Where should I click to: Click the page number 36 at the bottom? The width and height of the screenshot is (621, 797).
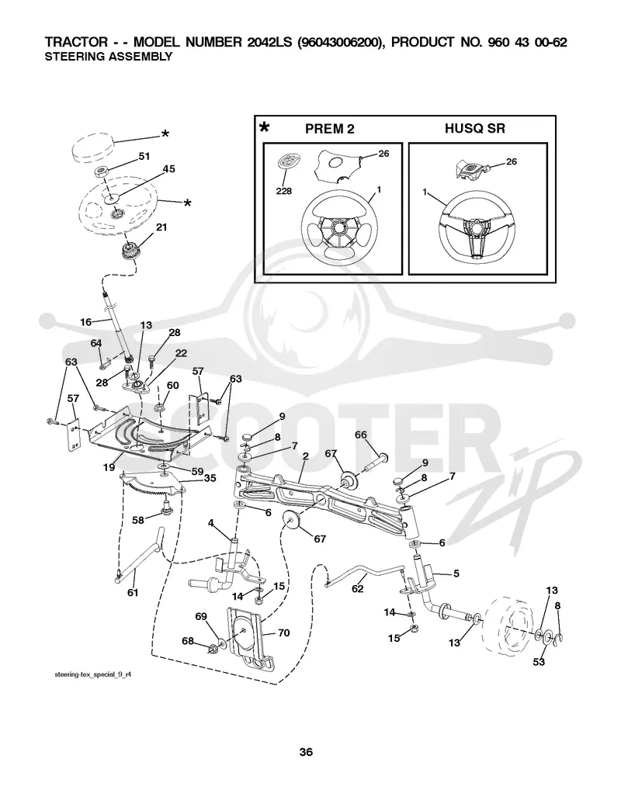[x=306, y=752]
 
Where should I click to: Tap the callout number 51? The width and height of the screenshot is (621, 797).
[x=144, y=156]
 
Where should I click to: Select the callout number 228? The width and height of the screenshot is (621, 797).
[x=284, y=191]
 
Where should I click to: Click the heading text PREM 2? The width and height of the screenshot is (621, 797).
[x=330, y=129]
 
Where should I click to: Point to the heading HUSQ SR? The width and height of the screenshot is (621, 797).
[x=475, y=129]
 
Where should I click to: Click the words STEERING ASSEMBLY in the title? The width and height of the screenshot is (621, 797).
[x=109, y=57]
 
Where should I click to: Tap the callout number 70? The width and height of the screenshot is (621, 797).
[x=283, y=632]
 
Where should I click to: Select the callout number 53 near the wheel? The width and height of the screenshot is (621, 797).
[x=539, y=661]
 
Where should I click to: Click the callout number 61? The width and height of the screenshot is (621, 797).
[x=133, y=592]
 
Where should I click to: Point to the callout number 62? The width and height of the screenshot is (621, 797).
[x=358, y=588]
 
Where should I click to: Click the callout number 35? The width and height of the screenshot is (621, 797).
[x=210, y=478]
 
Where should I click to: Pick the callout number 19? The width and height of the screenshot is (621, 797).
[x=109, y=466]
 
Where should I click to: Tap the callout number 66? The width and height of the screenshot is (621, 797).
[x=361, y=435]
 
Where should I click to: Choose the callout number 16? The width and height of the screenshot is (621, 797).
[x=86, y=322]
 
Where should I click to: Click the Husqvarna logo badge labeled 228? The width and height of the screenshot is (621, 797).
[x=288, y=162]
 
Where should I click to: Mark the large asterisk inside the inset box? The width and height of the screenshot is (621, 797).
[x=264, y=127]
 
